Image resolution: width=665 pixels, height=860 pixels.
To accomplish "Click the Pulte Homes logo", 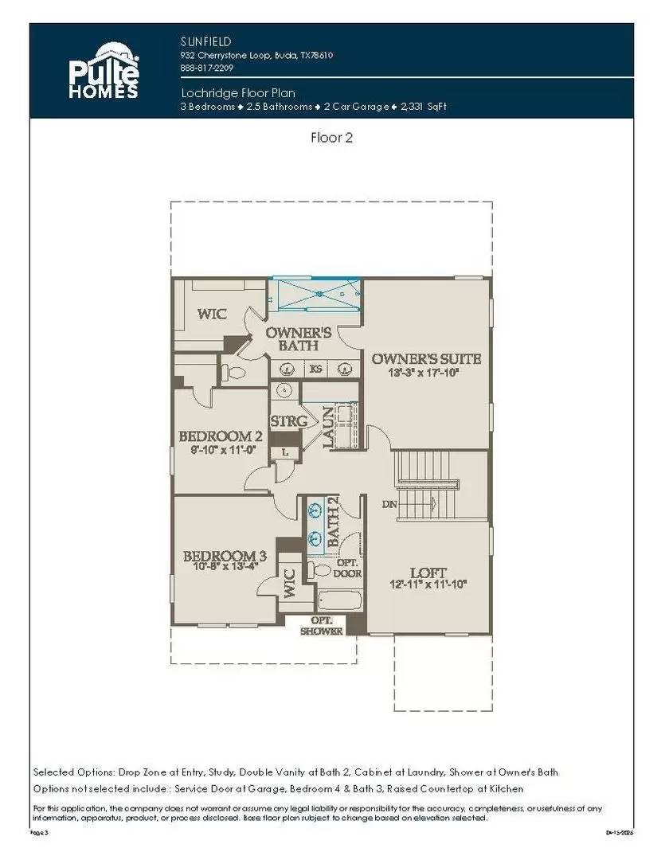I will [x=103, y=71].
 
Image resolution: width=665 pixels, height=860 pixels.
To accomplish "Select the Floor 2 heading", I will [x=331, y=137].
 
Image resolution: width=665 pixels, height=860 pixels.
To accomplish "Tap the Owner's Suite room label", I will [x=426, y=359].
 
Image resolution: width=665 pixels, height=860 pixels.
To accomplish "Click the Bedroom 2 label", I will [x=221, y=436].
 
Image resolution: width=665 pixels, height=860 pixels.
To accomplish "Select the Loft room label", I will [x=428, y=572].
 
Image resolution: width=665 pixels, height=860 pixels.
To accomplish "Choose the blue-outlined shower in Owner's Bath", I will [x=316, y=295].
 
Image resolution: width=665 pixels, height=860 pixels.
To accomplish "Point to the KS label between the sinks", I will [x=315, y=368].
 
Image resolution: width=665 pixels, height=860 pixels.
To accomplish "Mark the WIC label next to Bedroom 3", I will [x=288, y=583].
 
